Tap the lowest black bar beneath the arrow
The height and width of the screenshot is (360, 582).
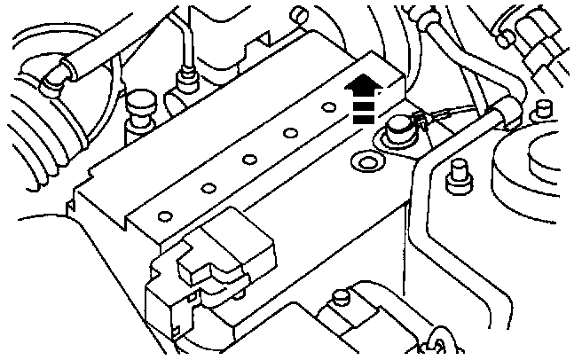coord(360,118)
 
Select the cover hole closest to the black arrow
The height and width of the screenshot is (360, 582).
coord(327,107)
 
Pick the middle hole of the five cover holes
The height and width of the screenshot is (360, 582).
coord(249,160)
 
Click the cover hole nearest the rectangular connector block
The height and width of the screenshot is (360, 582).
coord(164,216)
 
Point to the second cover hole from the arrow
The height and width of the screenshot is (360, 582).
coord(289,134)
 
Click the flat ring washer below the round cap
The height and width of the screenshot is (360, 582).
coord(364,162)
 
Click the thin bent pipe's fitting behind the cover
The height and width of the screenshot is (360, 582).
coord(186,82)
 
